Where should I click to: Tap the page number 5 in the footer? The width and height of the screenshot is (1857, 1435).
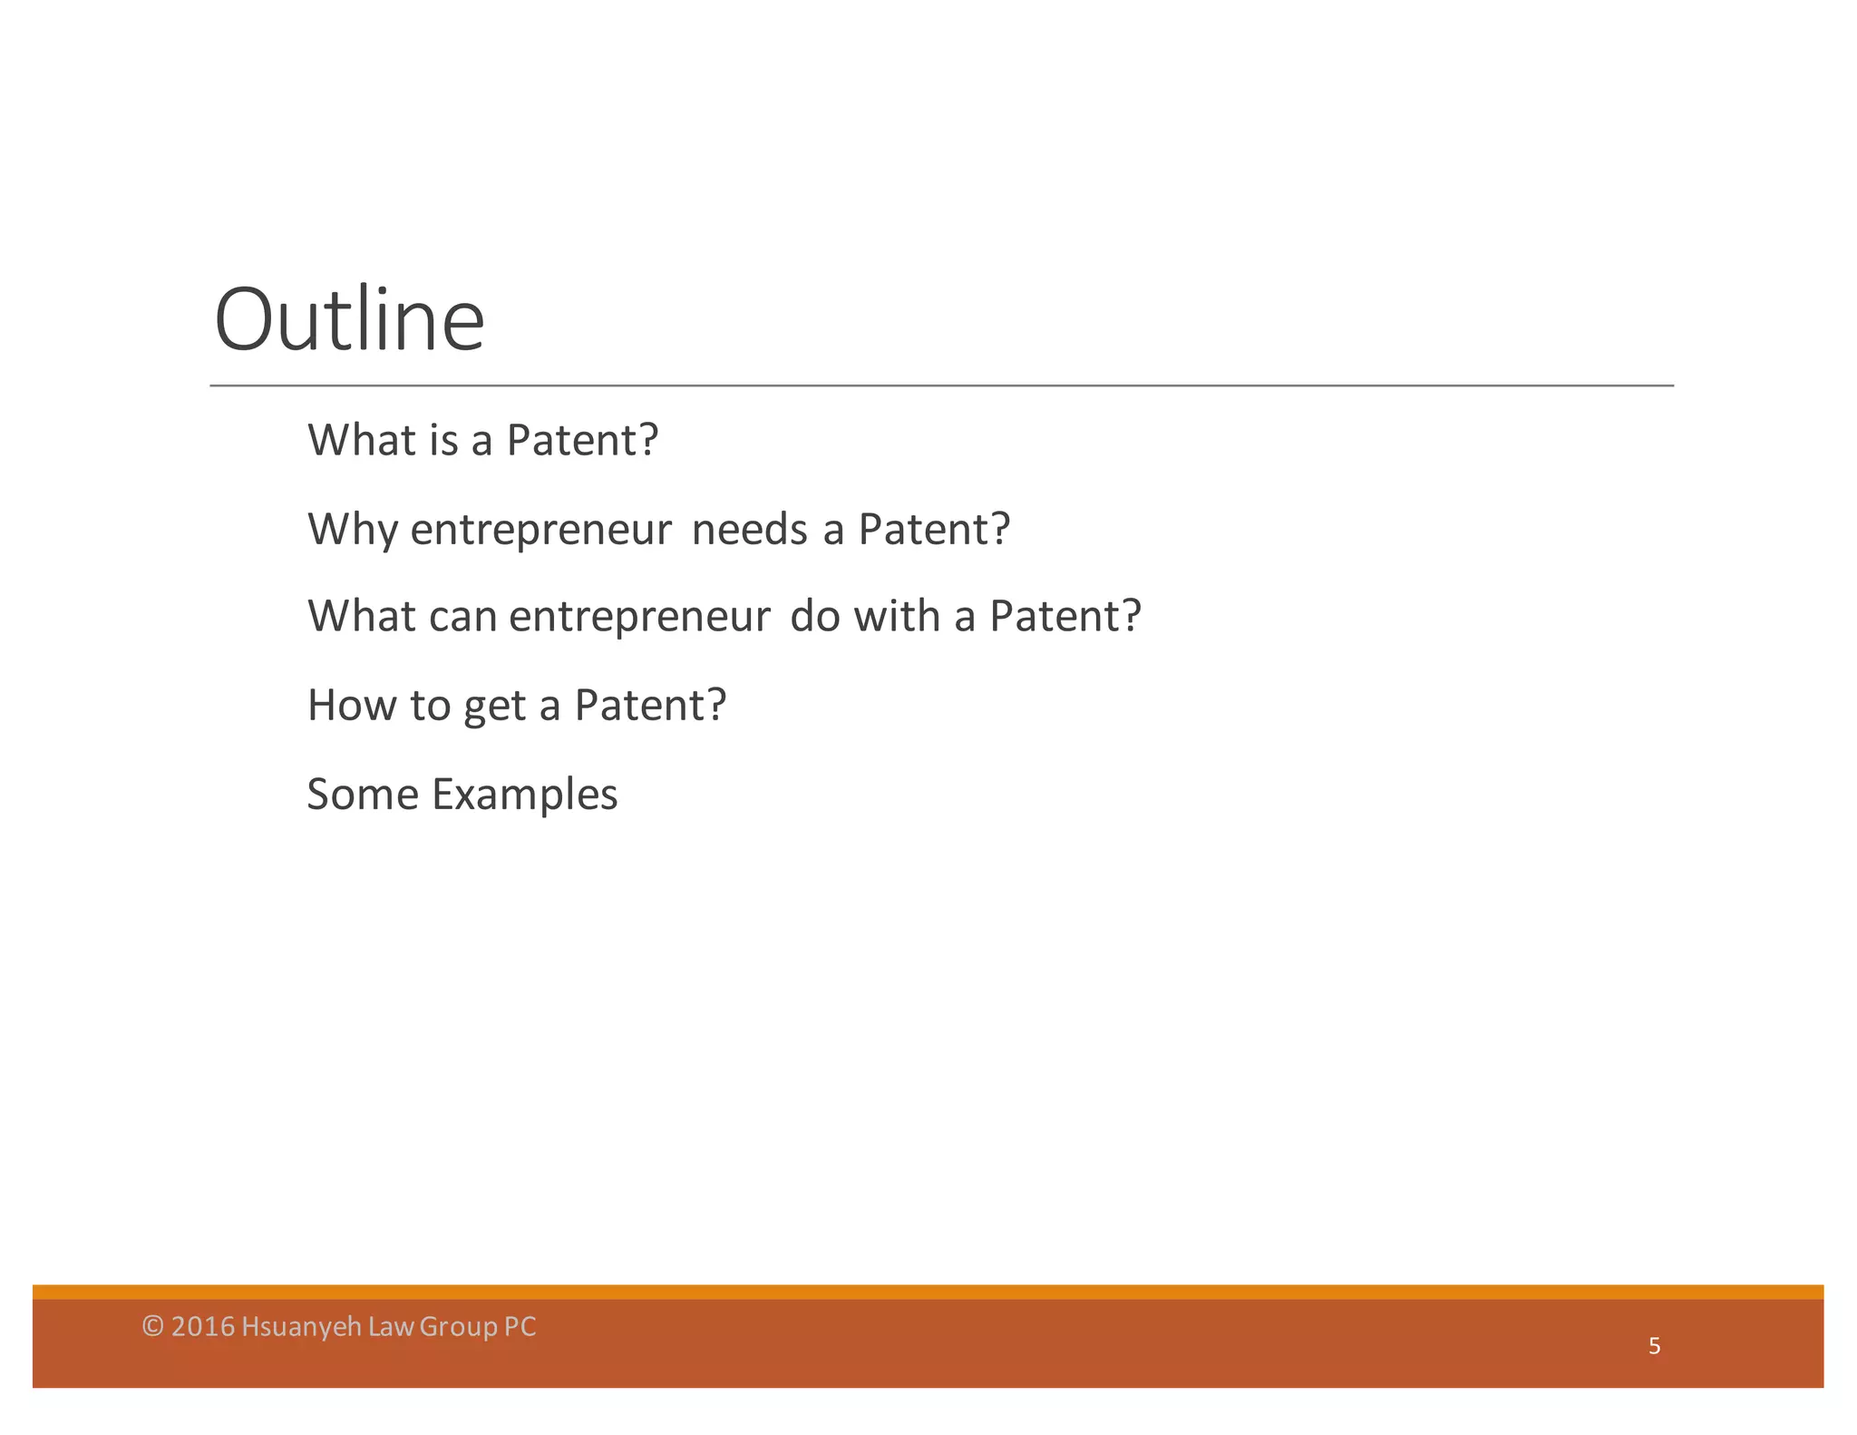[1654, 1346]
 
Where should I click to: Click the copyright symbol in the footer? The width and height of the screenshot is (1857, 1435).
[153, 1326]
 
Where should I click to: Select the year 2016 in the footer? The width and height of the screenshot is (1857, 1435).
[203, 1326]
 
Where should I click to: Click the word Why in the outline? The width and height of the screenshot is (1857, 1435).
[352, 529]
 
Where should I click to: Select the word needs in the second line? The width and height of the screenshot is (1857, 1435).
[749, 529]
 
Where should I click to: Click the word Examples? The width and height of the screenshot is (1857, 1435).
[524, 795]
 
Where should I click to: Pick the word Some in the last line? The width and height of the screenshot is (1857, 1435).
[363, 795]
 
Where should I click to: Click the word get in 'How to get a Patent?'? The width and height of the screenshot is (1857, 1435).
[494, 707]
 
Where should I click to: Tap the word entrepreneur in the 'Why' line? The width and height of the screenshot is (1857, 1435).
[540, 531]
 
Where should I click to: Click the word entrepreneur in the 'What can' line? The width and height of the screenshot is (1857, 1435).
[639, 618]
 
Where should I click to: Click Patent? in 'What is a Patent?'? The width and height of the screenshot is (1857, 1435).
[582, 440]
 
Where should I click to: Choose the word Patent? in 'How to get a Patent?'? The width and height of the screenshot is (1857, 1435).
[650, 705]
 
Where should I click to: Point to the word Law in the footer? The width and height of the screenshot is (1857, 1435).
[392, 1326]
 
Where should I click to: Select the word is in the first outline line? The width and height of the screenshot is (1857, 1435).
[444, 440]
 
